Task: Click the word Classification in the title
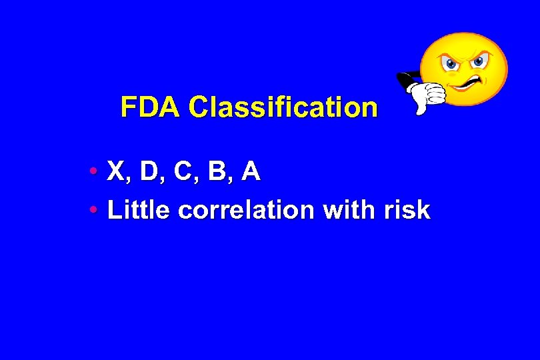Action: coord(283,107)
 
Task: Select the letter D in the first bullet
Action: coord(150,172)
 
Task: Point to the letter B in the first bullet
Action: coord(217,172)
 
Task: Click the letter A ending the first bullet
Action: coord(251,172)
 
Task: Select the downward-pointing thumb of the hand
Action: coord(421,107)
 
